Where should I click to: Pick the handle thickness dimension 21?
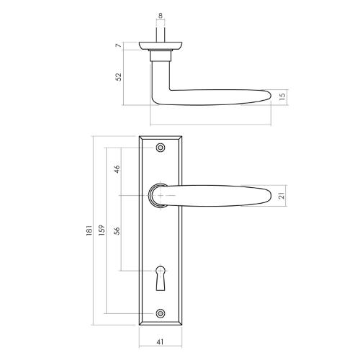click(x=282, y=195)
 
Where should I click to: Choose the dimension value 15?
click(x=282, y=95)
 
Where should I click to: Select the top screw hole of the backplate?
click(x=160, y=148)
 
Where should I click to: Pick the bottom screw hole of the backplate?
click(x=160, y=313)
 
